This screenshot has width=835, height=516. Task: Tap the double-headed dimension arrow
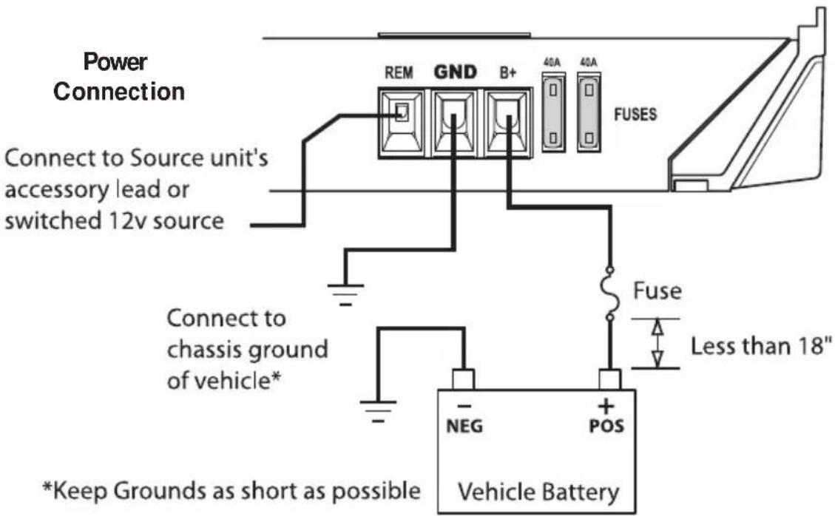point(655,343)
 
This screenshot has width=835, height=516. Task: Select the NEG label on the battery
point(464,427)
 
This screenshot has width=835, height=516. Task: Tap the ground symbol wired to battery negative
point(379,409)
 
